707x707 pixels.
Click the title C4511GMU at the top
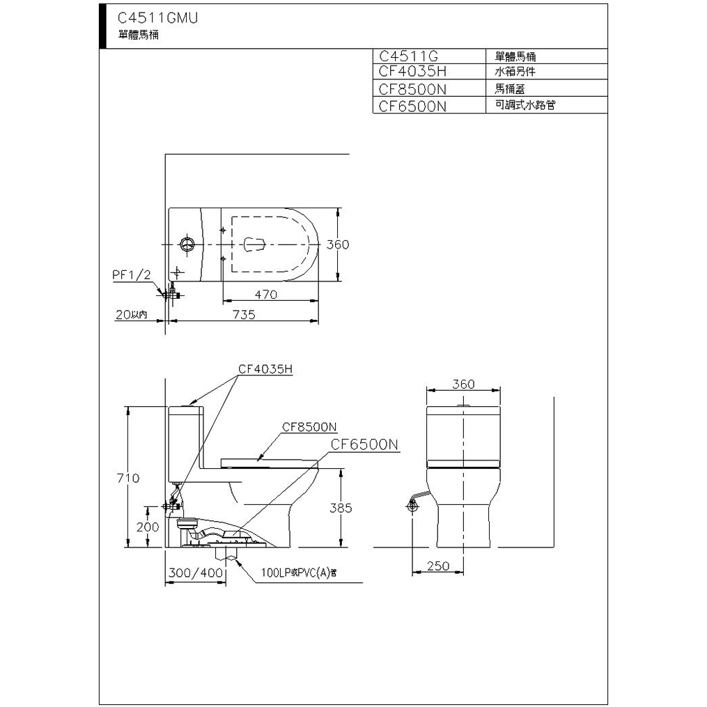point(158,17)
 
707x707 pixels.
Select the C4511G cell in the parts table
point(408,56)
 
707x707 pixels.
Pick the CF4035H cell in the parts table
point(412,71)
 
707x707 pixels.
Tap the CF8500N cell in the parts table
point(412,89)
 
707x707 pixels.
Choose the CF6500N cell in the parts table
point(412,107)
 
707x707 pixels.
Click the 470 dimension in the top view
point(266,295)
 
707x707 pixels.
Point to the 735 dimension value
point(244,314)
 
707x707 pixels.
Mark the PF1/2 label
point(131,275)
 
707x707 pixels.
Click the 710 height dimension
point(128,478)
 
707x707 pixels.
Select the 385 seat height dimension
point(341,508)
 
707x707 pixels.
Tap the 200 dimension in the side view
point(148,527)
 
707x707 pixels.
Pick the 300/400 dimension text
point(196,573)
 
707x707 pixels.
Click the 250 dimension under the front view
point(438,566)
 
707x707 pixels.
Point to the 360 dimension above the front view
point(463,384)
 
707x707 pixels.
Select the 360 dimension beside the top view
point(338,244)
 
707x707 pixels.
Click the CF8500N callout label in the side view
point(309,426)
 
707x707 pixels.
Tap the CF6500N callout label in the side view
point(364,444)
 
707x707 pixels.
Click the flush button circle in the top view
point(187,244)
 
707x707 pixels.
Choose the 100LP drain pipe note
point(299,573)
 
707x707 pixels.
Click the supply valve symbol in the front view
point(412,506)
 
